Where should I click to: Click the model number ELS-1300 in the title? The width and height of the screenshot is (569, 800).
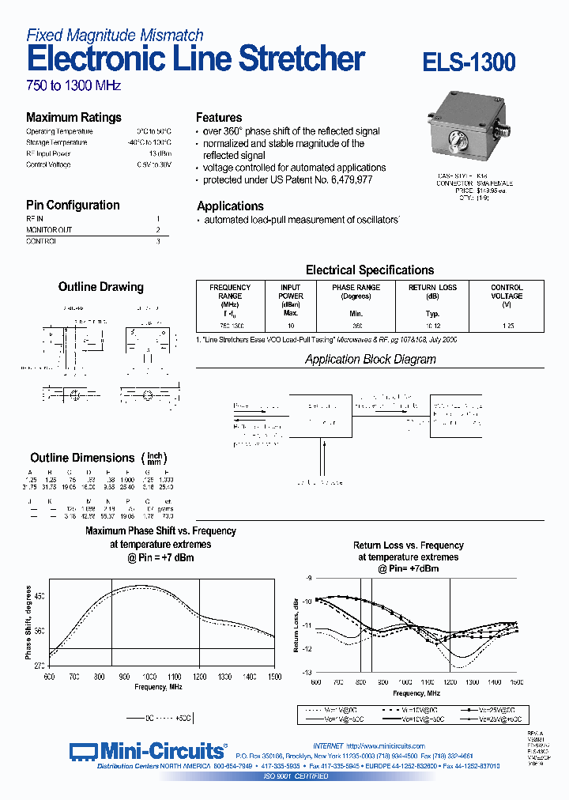coord(469,62)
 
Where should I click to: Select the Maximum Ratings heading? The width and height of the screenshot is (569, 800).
coord(73,117)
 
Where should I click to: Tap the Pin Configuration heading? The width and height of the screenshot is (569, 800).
coord(73,205)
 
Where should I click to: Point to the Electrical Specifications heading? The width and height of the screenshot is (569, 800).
coord(369,270)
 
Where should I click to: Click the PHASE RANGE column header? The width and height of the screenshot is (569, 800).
coord(356,292)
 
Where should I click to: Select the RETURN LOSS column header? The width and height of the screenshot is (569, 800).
coord(432,292)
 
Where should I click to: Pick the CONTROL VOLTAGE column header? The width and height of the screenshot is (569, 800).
coord(507,292)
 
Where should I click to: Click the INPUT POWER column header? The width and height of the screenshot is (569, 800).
coord(291,292)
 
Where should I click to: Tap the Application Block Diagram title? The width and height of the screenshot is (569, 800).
coord(370,359)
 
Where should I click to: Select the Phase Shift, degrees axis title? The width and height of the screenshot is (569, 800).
coord(29,622)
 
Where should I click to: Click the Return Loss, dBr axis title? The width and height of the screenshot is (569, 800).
coord(296,625)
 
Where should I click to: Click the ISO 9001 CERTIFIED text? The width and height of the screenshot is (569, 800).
coord(296,776)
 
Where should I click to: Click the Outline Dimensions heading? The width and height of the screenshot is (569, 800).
coord(82,458)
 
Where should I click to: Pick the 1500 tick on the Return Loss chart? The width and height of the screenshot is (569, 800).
coord(517,681)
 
